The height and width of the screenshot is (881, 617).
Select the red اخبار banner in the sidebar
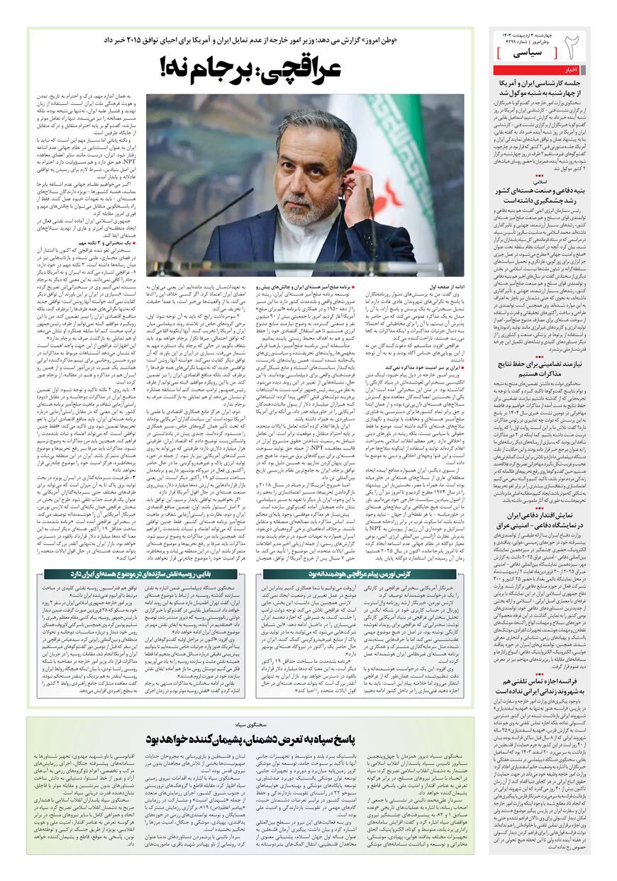point(570,70)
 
